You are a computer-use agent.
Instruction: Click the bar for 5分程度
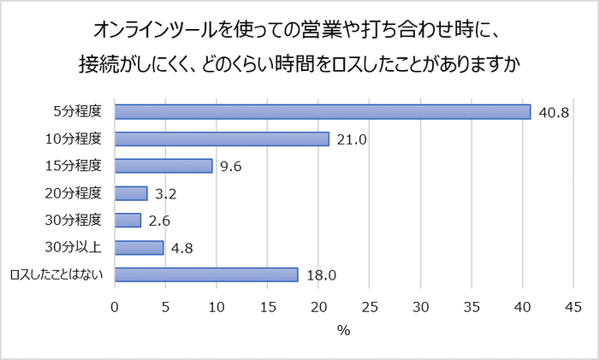coord(323,112)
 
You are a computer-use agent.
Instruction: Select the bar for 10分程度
coord(222,139)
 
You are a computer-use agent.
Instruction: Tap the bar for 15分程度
coord(163,166)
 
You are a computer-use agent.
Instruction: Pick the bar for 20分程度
coord(131,193)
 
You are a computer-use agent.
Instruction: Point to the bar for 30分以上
coord(139,247)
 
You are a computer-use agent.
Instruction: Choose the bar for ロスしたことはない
coord(206,274)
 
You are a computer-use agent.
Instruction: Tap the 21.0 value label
coord(350,139)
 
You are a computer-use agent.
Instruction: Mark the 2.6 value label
coord(160,221)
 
